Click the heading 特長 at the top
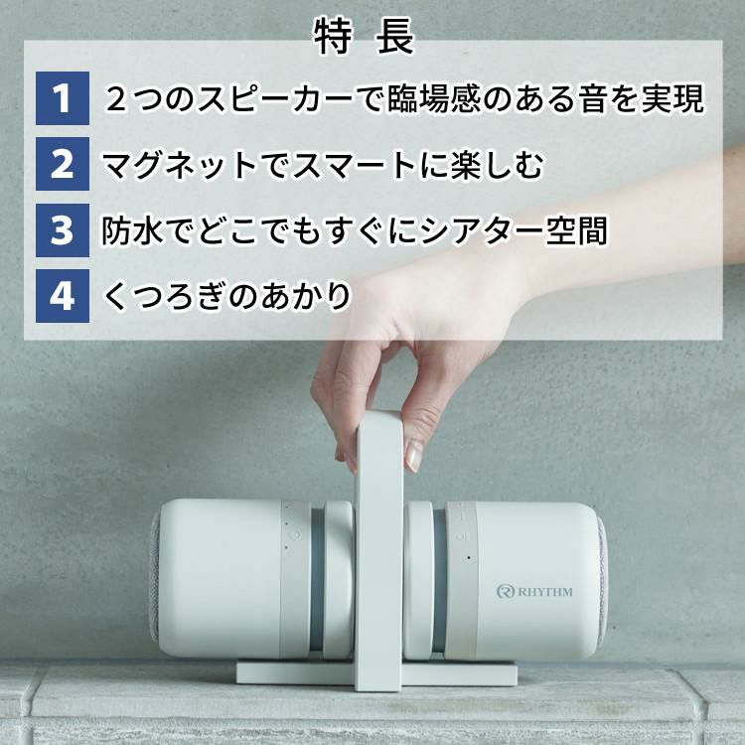tap(364, 38)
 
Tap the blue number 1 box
tap(63, 99)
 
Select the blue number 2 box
tap(63, 165)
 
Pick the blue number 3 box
tap(63, 230)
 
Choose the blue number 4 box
tap(63, 296)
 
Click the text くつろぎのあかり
tap(227, 296)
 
